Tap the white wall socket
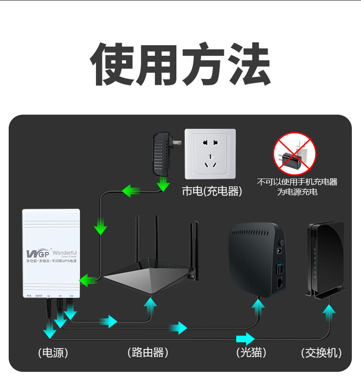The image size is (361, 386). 210,153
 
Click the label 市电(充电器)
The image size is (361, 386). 212,191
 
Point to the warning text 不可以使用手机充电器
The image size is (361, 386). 297,182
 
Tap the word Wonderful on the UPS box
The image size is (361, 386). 64,253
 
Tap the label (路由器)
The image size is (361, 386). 148,352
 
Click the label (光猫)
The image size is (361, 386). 251,352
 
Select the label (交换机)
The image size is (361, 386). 321,353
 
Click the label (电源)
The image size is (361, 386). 53,353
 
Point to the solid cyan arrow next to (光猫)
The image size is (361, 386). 245,339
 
